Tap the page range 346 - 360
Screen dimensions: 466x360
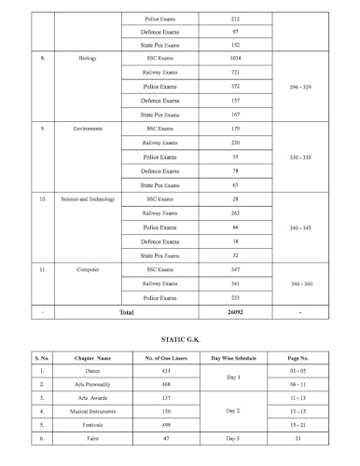(x=307, y=282)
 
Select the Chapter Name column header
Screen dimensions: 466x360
(x=91, y=358)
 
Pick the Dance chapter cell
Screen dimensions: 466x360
(x=91, y=371)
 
